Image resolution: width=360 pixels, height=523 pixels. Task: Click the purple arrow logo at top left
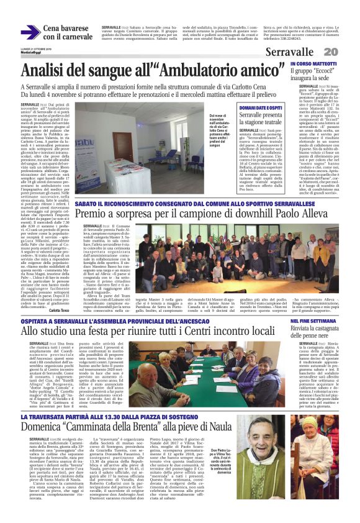point(30,32)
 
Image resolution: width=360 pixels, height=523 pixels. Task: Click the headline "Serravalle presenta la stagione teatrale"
point(261,119)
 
